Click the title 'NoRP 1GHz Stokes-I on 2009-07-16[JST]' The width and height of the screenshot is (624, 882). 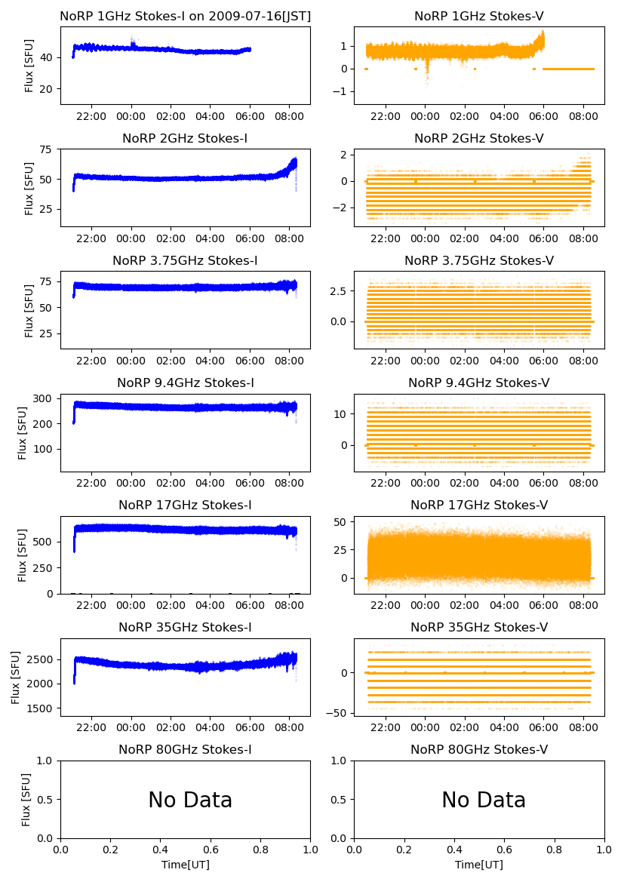(185, 16)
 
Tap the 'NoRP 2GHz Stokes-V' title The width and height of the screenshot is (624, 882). (478, 138)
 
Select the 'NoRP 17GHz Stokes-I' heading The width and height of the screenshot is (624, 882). (185, 505)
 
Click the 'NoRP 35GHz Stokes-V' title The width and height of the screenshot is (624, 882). (478, 627)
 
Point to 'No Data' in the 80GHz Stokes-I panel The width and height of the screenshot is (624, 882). (190, 800)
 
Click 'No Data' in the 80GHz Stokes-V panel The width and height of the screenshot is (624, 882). (484, 800)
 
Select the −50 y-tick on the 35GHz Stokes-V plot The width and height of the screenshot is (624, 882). (337, 713)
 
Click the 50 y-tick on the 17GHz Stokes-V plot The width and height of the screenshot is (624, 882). (340, 522)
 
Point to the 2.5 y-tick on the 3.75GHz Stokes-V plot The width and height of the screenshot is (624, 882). (337, 291)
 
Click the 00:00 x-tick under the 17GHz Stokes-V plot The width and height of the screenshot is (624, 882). (426, 605)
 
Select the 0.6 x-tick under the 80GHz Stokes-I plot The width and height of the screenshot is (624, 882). (211, 850)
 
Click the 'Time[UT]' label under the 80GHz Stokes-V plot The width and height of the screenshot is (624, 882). (478, 865)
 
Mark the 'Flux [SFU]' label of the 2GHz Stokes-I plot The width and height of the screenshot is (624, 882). (29, 187)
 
